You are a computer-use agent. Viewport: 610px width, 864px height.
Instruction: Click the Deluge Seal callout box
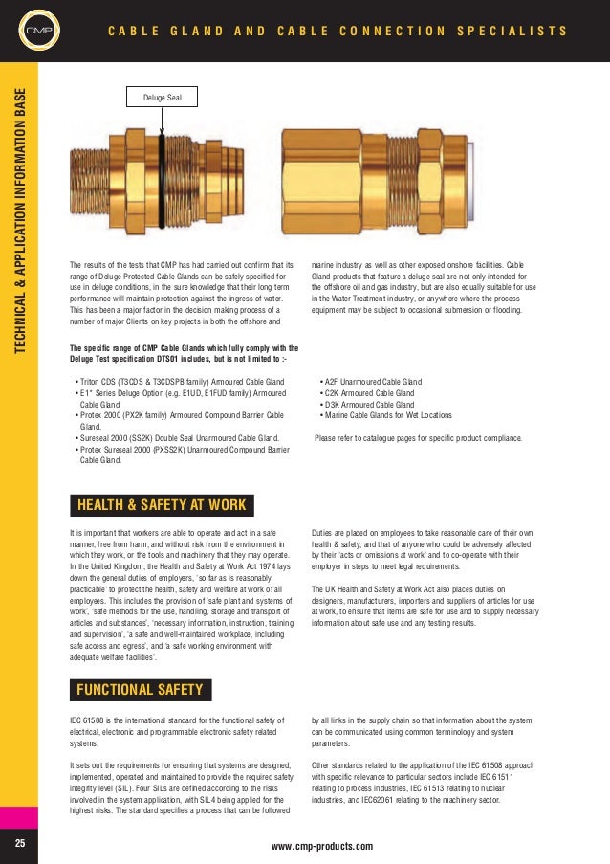point(163,98)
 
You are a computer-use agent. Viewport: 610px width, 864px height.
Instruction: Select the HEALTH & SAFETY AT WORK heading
point(161,504)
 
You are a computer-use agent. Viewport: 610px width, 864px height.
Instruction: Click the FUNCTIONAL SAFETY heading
point(140,689)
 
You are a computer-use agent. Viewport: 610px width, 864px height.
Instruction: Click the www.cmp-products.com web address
point(322,846)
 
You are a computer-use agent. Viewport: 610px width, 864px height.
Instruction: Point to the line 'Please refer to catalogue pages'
point(418,438)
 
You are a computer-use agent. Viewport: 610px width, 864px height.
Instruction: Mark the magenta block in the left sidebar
point(19,817)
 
